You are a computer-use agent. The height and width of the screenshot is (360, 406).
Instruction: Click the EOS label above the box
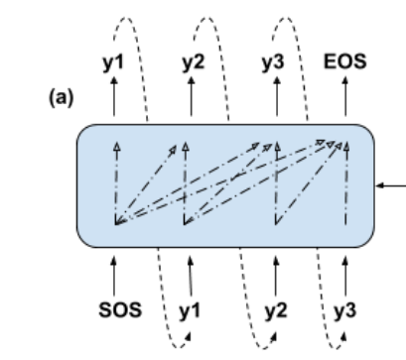pos(345,60)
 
